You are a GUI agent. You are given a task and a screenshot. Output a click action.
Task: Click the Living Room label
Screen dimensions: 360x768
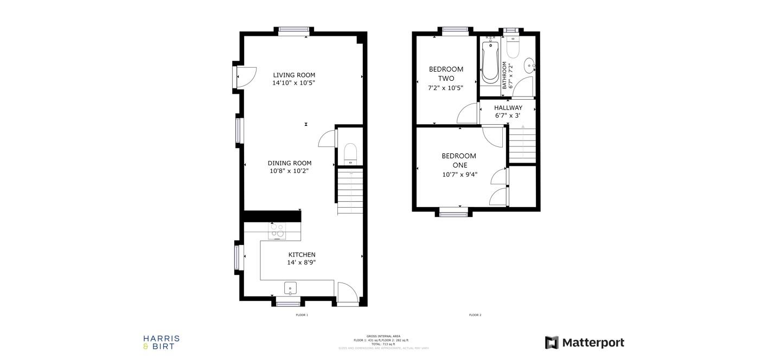(x=293, y=75)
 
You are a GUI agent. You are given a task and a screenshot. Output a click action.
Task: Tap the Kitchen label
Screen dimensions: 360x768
(x=302, y=255)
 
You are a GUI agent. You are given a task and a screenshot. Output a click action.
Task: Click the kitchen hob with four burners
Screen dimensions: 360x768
(x=277, y=231)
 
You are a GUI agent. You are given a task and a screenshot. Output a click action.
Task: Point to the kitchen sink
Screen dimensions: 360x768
(x=290, y=288)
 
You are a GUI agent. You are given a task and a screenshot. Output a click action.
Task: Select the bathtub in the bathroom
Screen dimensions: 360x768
(x=490, y=61)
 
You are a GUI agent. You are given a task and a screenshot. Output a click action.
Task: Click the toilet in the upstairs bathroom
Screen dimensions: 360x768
(x=513, y=48)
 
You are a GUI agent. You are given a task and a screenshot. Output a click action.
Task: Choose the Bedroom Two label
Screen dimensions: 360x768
(x=446, y=74)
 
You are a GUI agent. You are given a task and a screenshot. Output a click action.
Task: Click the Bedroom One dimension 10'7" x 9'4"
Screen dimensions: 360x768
(x=460, y=175)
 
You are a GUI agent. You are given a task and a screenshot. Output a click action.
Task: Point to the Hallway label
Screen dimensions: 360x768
(x=508, y=108)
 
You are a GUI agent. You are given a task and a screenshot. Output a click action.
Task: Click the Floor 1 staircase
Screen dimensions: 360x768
(x=349, y=191)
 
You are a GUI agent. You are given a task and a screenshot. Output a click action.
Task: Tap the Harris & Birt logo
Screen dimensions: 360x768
(x=161, y=342)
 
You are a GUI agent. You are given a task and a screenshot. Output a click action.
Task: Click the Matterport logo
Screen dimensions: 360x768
(x=585, y=343)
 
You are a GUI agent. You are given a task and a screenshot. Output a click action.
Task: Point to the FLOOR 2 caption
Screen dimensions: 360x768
(x=475, y=315)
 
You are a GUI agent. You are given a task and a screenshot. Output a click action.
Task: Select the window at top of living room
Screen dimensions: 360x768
(x=293, y=31)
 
